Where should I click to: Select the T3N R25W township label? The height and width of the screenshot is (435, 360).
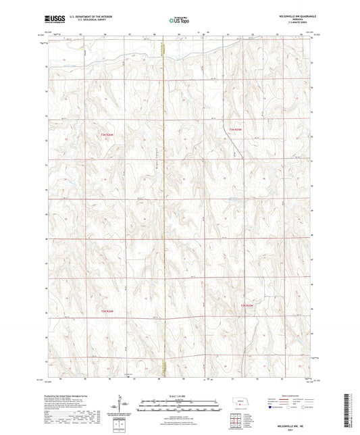[234, 128]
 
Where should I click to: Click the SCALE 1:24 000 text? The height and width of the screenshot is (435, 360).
[180, 395]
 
